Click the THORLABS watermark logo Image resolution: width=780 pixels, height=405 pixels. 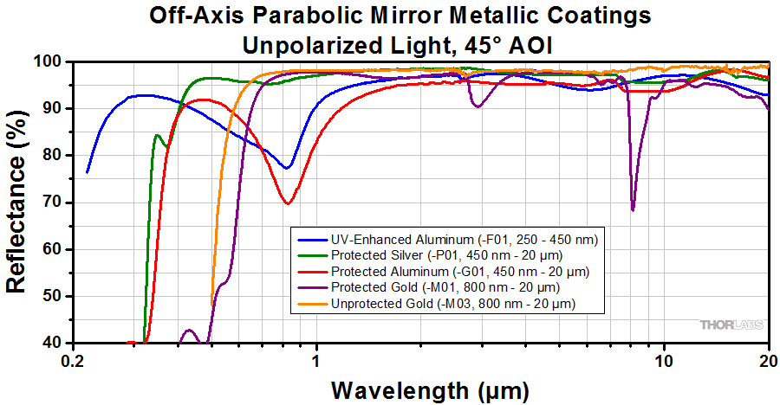[732, 325]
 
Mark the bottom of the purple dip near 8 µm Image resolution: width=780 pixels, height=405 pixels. [633, 209]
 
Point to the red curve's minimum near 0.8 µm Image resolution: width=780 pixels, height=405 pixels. [288, 203]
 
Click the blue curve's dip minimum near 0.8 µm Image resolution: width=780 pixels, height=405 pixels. [288, 167]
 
